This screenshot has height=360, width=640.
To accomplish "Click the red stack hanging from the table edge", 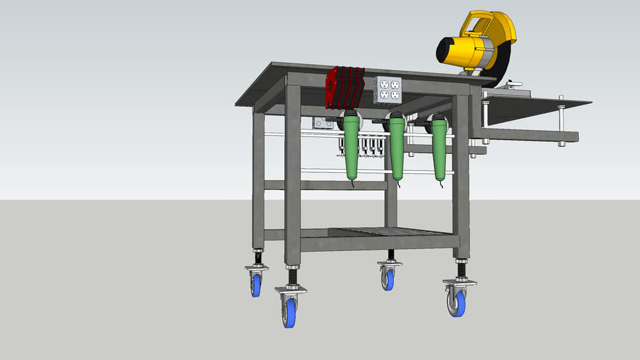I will tap(345, 86).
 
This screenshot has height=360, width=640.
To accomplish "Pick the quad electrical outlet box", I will tap(387, 89).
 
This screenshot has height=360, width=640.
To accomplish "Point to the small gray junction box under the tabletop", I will tap(323, 123).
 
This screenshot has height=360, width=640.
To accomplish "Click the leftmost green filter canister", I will tap(352, 148).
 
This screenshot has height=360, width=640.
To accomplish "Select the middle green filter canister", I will tap(397, 148).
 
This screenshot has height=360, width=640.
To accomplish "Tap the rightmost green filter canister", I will tap(440, 148).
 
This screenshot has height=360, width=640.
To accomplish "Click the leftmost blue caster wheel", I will tap(256, 284).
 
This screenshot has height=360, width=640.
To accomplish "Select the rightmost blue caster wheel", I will tap(458, 303).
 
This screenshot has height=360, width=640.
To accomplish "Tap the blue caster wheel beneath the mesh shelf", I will tap(388, 279).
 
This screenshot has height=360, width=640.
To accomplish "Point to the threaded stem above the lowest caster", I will tap(292, 276).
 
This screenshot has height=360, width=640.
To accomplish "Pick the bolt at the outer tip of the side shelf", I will tap(562, 120).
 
